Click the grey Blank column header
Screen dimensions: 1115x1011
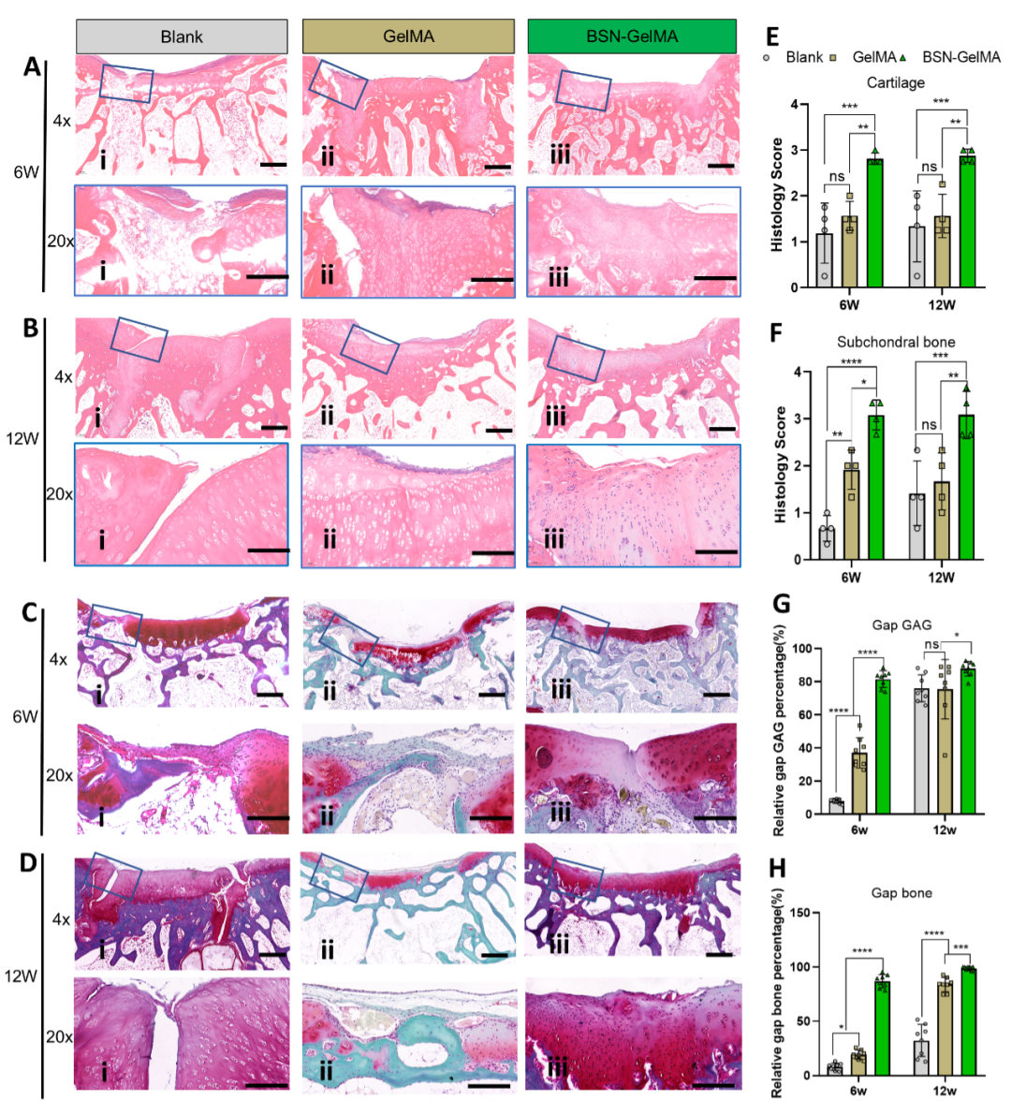pyautogui.click(x=182, y=37)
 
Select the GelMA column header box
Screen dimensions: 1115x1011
pyautogui.click(x=408, y=37)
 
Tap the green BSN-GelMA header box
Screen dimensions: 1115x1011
pyautogui.click(x=632, y=37)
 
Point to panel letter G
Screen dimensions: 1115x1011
pyautogui.click(x=780, y=602)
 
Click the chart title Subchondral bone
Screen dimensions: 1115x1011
pyautogui.click(x=896, y=342)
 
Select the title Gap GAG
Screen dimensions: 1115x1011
pyautogui.click(x=901, y=624)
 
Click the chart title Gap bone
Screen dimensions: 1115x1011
pyautogui.click(x=901, y=892)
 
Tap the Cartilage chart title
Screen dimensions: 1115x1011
pyautogui.click(x=895, y=82)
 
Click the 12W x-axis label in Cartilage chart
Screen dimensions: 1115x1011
pyautogui.click(x=941, y=303)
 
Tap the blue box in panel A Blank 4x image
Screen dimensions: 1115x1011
pyautogui.click(x=126, y=83)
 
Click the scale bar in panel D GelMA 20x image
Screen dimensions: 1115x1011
pyautogui.click(x=490, y=1086)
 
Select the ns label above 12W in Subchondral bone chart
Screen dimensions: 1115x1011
pyautogui.click(x=929, y=424)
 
